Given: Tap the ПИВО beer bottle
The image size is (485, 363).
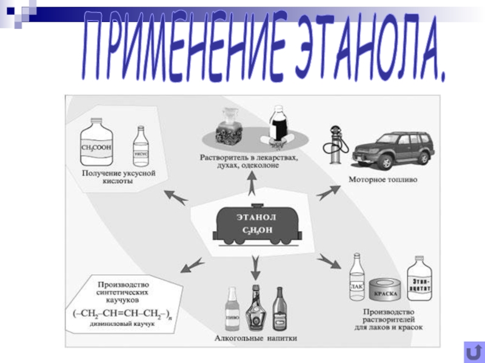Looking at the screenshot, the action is tap(232, 309).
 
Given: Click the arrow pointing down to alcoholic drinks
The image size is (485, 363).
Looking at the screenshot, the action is tap(255, 265).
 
